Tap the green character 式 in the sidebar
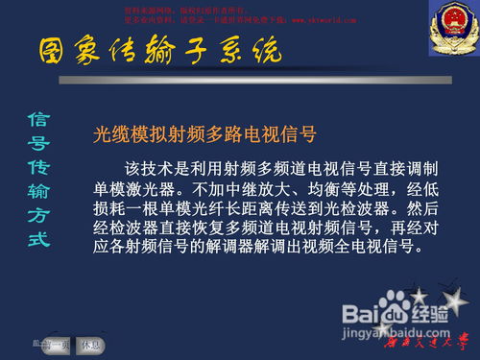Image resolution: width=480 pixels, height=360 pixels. click(37, 238)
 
